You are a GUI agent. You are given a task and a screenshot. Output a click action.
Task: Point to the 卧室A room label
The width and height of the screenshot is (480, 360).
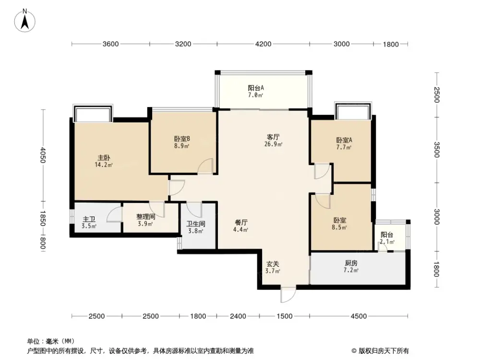pyautogui.click(x=344, y=140)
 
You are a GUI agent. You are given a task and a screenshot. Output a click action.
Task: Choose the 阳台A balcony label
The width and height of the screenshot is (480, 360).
pyautogui.click(x=256, y=88)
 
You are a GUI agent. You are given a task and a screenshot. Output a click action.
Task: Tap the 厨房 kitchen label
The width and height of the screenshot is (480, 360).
pyautogui.click(x=351, y=264)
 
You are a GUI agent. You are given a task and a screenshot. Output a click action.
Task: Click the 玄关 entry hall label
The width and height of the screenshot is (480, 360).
pyautogui.click(x=273, y=264)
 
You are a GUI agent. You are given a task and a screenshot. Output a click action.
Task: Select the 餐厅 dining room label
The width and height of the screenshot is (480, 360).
pyautogui.click(x=241, y=223)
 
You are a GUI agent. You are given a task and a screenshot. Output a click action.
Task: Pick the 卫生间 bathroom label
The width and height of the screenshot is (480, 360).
pyautogui.click(x=195, y=223)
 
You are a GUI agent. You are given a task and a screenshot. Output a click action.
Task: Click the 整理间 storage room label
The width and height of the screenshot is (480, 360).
pyautogui.click(x=144, y=216)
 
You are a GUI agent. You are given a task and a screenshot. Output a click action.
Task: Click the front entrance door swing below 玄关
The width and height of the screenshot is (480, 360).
pyautogui.click(x=288, y=295)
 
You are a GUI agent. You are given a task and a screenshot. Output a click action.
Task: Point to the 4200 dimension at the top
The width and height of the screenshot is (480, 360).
pyautogui.click(x=263, y=44)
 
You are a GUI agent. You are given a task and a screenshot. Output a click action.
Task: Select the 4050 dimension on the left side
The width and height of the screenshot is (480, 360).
pyautogui.click(x=43, y=155)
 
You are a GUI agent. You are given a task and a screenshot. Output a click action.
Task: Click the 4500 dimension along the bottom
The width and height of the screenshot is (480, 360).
pyautogui.click(x=359, y=316)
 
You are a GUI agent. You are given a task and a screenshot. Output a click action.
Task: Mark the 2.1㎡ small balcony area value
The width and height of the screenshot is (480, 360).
pyautogui.click(x=387, y=242)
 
